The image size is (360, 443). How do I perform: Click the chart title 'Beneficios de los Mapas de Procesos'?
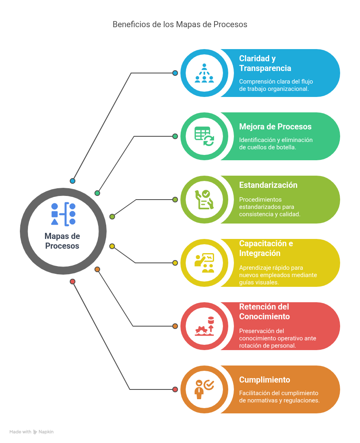180,25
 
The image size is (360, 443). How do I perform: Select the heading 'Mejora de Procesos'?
275,127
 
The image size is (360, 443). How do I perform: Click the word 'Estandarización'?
268,185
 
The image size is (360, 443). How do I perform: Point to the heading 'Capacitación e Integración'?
266,248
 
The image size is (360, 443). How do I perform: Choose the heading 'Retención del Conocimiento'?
264,312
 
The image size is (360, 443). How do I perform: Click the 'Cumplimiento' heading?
265,380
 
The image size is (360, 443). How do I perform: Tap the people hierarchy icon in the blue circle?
204,73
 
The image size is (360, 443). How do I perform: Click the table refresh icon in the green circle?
204,136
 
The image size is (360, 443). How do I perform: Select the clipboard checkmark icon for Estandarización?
204,200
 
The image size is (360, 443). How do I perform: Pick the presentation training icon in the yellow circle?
204,263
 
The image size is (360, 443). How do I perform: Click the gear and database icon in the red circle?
204,326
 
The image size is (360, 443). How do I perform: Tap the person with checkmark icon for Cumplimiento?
204,389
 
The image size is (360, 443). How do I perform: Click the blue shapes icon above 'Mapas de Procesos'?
63,214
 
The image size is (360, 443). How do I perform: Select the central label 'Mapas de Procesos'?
62,241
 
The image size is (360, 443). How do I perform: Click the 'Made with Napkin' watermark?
31,432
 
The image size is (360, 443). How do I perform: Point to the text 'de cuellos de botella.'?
268,147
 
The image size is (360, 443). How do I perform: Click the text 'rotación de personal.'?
268,346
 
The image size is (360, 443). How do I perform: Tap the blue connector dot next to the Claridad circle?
175,73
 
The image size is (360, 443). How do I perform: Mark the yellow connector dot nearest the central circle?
112,246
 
